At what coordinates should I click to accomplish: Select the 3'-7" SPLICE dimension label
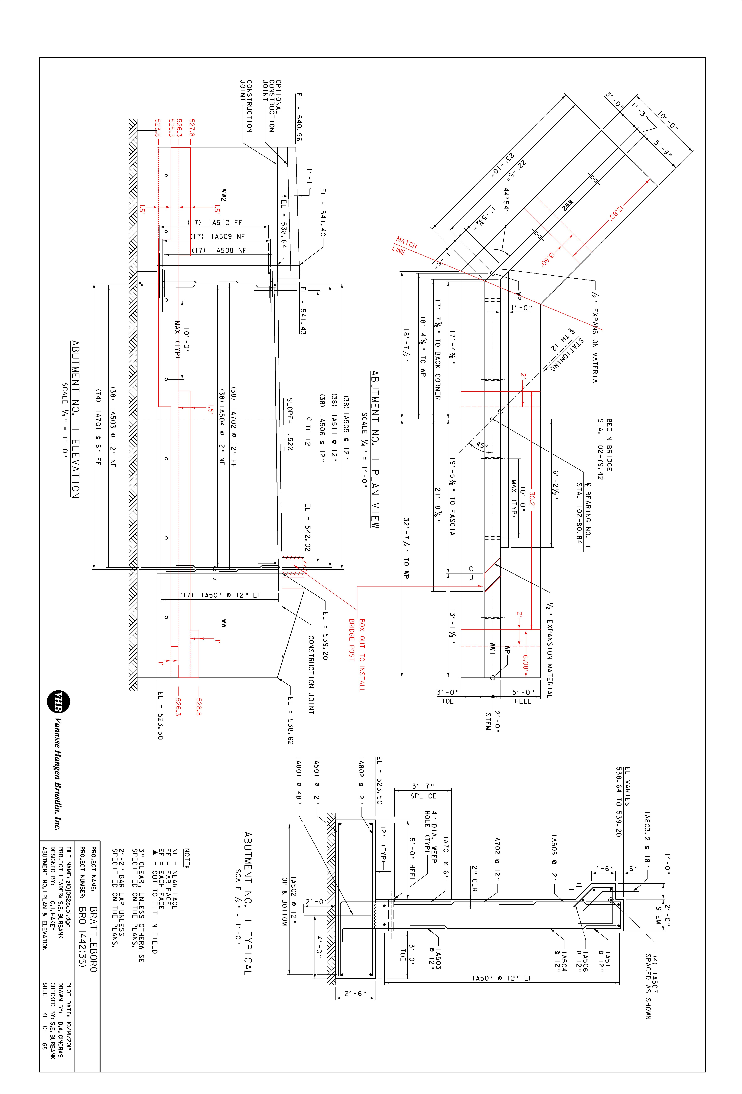(x=423, y=791)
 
